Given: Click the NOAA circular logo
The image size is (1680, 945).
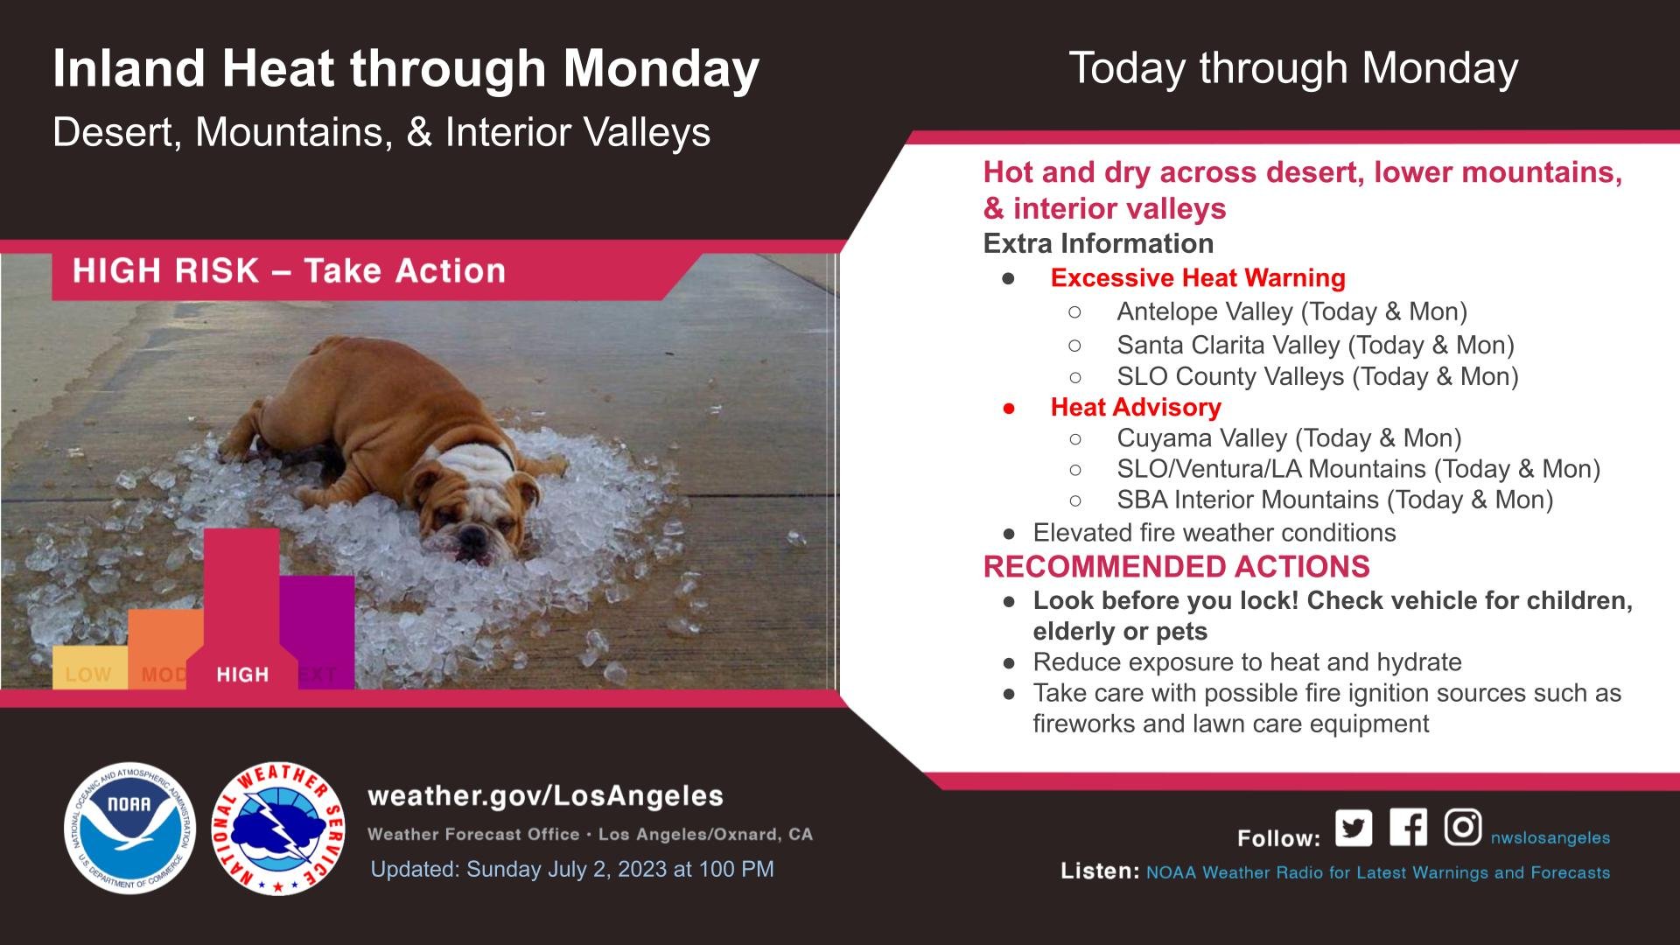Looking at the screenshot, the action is click(x=129, y=828).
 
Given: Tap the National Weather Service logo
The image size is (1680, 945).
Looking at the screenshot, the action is click(x=278, y=828).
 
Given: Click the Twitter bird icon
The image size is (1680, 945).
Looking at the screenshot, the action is click(x=1354, y=828).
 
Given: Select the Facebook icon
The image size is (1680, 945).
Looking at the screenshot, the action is click(x=1408, y=827).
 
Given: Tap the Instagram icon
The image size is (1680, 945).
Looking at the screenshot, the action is click(x=1462, y=827).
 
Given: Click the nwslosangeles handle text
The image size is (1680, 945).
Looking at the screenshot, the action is click(x=1550, y=838).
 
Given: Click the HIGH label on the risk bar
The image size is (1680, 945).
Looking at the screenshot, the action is click(x=242, y=675).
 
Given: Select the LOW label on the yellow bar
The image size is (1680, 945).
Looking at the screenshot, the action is click(x=88, y=675).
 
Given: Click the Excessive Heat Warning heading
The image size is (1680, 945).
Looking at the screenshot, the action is click(x=1198, y=278).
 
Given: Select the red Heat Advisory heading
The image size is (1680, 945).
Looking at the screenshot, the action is click(x=1136, y=407).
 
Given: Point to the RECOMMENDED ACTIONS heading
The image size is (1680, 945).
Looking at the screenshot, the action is click(x=1177, y=567).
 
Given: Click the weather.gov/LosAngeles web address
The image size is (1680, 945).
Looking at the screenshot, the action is click(x=546, y=796).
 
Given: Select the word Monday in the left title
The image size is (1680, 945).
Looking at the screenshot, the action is click(x=661, y=68).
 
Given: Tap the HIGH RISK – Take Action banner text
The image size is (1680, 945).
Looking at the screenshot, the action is click(x=290, y=271).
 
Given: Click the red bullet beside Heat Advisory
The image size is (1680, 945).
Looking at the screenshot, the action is click(x=1009, y=408).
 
